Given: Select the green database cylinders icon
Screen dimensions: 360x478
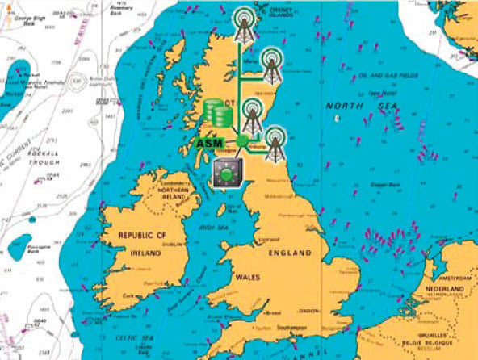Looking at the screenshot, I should tap(216, 112).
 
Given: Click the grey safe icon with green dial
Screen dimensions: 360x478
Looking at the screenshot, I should tap(227, 172).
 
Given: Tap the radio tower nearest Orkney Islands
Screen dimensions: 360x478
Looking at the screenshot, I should tap(243, 27).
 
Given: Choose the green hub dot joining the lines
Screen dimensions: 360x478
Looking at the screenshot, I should tap(240, 141).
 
